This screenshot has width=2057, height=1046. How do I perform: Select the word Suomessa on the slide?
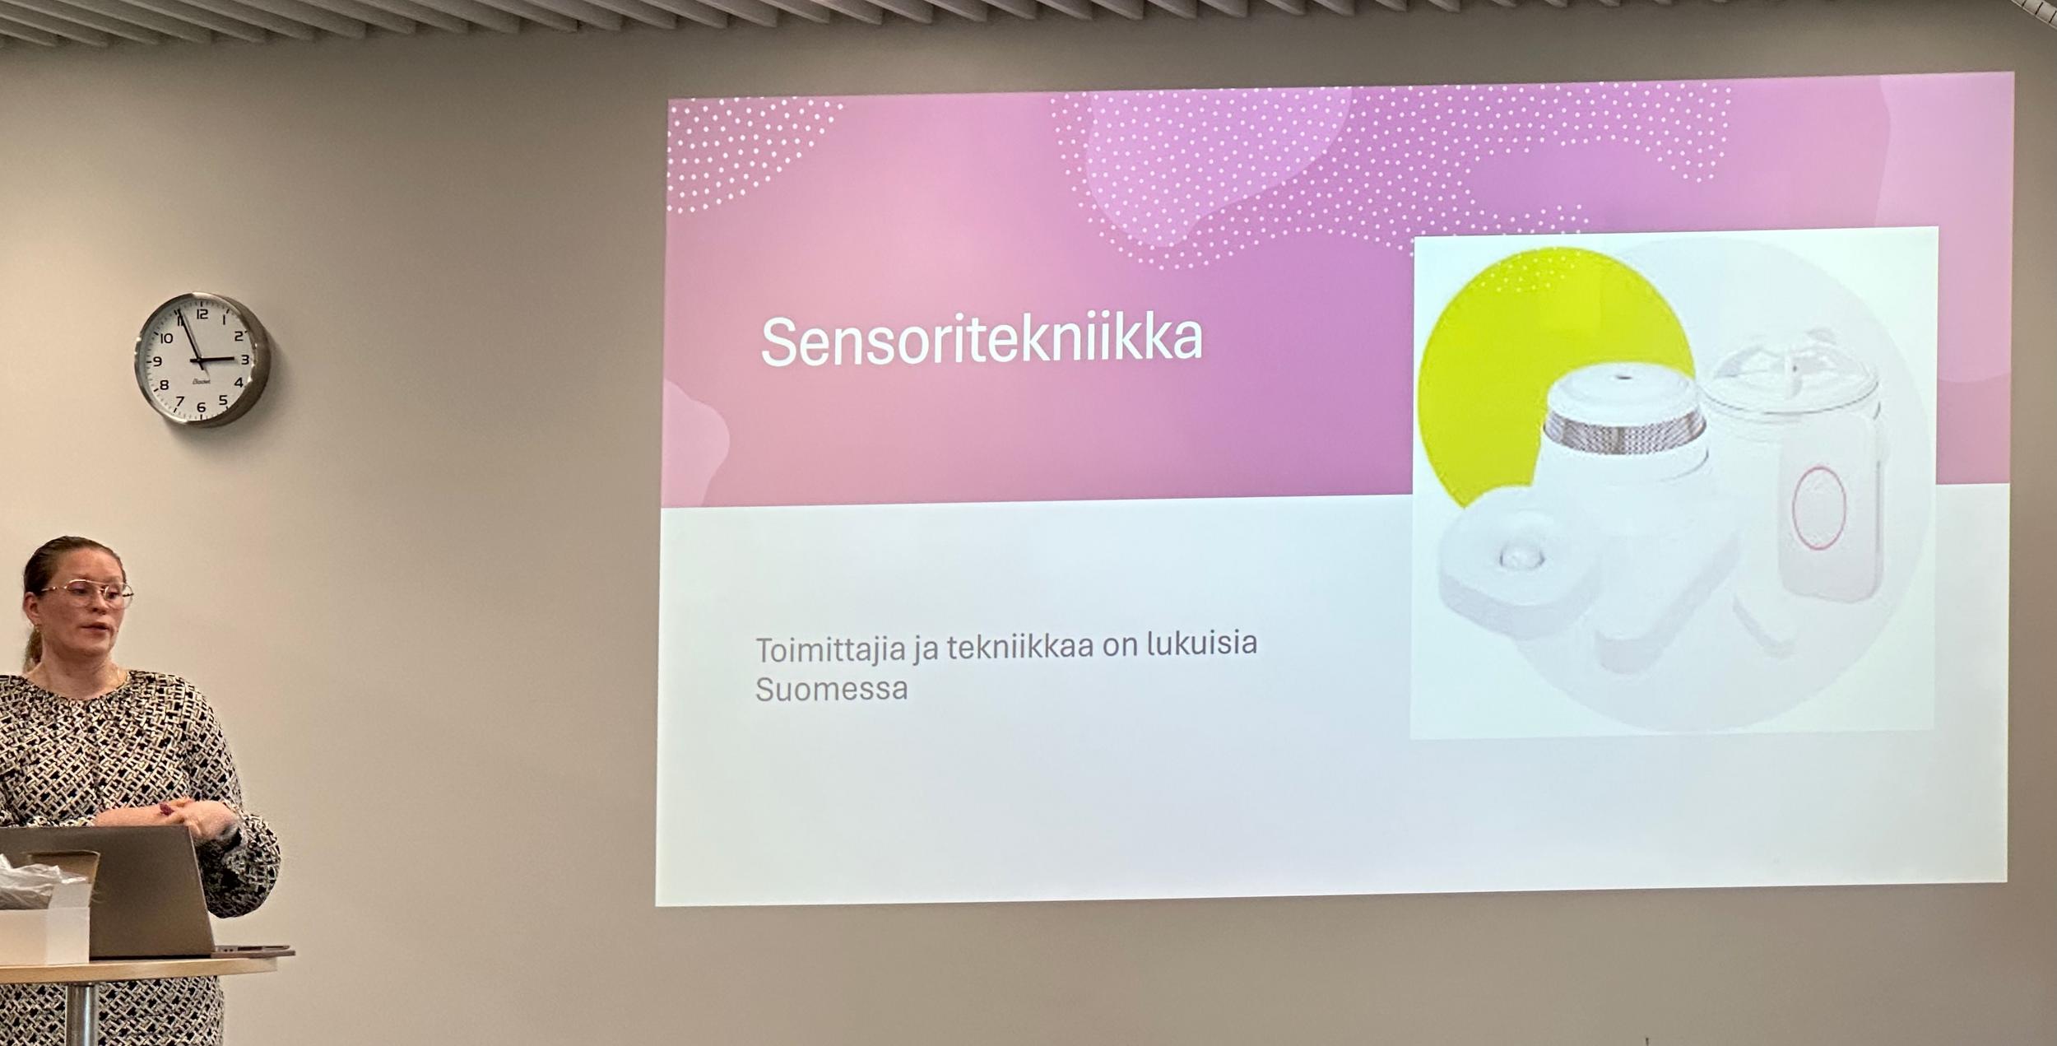click(x=832, y=689)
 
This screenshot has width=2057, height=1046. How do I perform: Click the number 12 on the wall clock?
click(x=202, y=313)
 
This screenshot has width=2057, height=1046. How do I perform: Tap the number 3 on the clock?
click(x=244, y=360)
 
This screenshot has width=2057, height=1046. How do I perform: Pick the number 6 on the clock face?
click(x=201, y=407)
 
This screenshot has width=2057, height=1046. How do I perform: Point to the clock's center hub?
click(x=202, y=360)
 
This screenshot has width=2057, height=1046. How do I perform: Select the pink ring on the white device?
click(x=1818, y=508)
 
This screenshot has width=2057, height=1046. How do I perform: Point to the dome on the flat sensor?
click(x=1521, y=556)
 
